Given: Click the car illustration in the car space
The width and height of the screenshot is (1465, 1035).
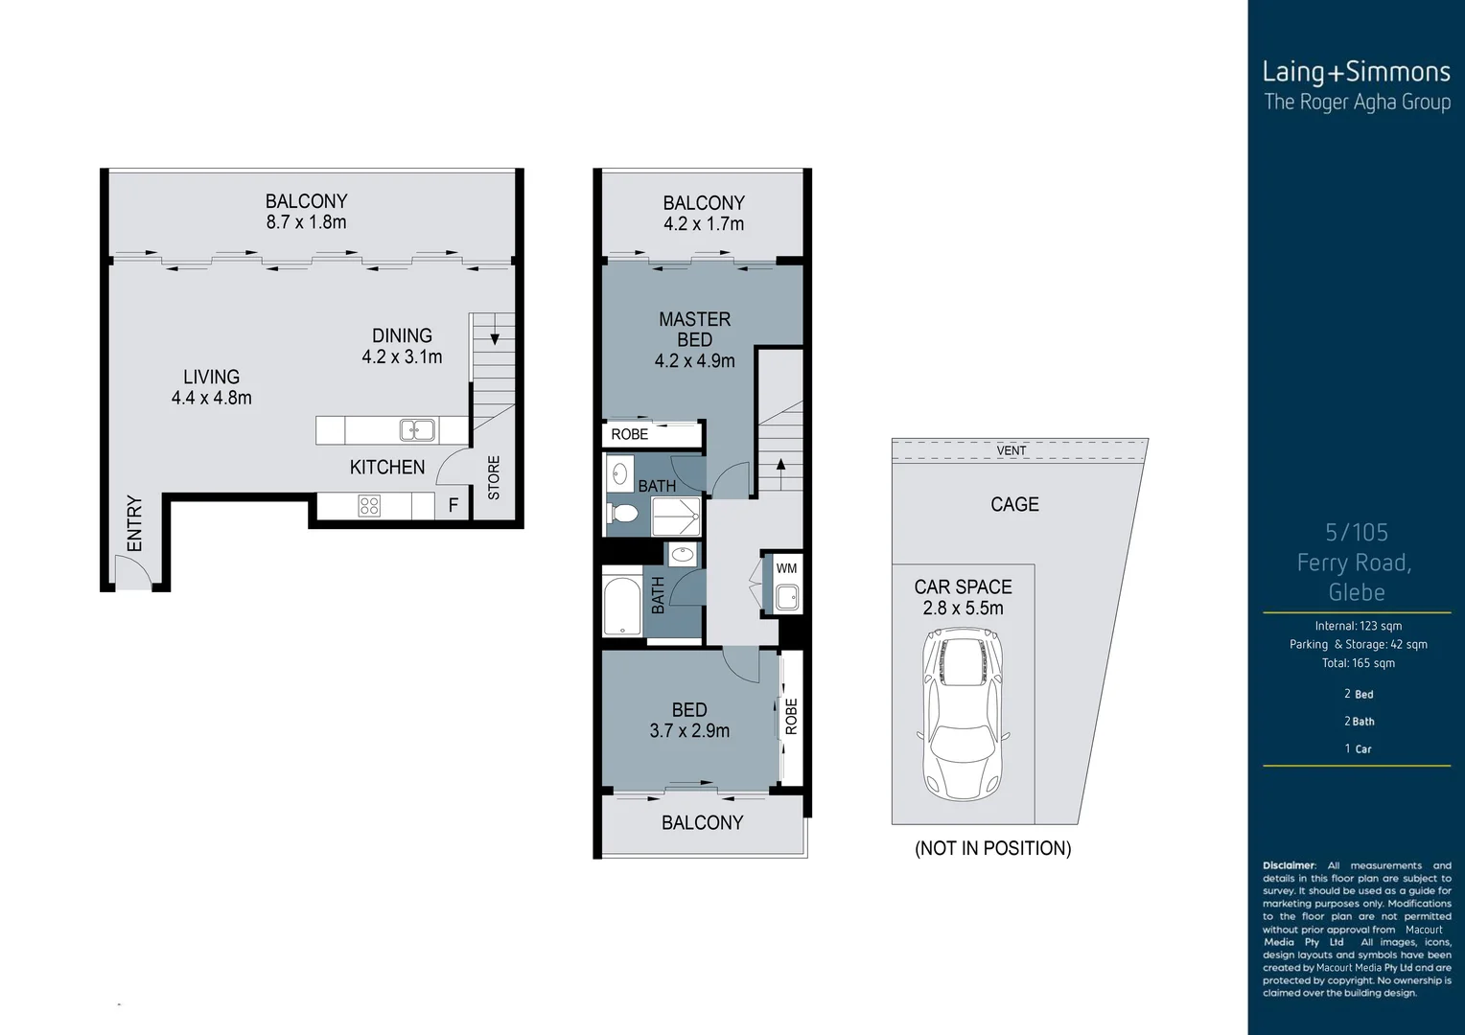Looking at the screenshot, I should pyautogui.click(x=962, y=715).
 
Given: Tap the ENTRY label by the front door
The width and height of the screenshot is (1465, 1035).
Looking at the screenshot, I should pyautogui.click(x=134, y=523).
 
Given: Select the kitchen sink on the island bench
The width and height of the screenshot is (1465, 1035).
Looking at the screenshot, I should pyautogui.click(x=417, y=430).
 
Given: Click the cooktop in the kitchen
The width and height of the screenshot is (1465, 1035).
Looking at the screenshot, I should pyautogui.click(x=369, y=505).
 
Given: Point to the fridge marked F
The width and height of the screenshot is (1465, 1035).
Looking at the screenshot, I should pyautogui.click(x=453, y=505).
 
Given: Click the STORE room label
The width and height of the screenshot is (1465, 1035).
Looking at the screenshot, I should pyautogui.click(x=494, y=477).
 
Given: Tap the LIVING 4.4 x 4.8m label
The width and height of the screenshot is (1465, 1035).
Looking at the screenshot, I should pyautogui.click(x=211, y=387).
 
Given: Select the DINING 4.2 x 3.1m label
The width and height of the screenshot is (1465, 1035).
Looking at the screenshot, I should pyautogui.click(x=402, y=346).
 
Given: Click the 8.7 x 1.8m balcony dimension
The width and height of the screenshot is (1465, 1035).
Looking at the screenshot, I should pyautogui.click(x=306, y=222).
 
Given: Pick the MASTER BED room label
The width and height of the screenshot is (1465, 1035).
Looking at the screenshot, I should pyautogui.click(x=694, y=330).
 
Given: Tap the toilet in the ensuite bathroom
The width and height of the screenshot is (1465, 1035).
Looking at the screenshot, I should pyautogui.click(x=623, y=515).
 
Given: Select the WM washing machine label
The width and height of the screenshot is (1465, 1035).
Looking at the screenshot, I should pyautogui.click(x=786, y=568).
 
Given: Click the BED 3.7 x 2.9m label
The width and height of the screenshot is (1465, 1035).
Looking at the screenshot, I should pyautogui.click(x=689, y=720).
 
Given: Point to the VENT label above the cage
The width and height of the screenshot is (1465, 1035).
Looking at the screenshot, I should pyautogui.click(x=1011, y=450).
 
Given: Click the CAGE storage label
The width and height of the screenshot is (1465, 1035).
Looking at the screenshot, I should pyautogui.click(x=1014, y=504).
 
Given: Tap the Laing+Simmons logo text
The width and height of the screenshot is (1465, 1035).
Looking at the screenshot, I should pyautogui.click(x=1356, y=72).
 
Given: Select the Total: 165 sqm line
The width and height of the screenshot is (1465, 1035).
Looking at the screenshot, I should pyautogui.click(x=1358, y=663).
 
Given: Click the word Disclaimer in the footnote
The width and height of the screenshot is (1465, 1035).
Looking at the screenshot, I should pyautogui.click(x=1289, y=865).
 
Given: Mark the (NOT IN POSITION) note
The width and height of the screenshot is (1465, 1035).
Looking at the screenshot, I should pyautogui.click(x=992, y=848).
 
